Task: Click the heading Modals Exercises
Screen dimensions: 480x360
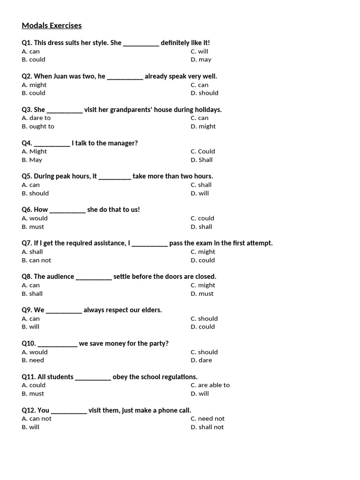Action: point(52,25)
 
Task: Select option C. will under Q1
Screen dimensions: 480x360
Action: point(199,51)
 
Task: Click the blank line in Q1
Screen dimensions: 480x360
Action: point(141,43)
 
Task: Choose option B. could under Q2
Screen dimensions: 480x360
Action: point(33,93)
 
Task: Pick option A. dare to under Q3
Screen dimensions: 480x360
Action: point(36,118)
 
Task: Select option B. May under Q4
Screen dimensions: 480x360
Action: point(32,160)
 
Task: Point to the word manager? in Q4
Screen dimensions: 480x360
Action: point(123,143)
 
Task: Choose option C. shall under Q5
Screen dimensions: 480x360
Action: point(201,185)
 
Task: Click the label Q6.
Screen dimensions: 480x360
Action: point(27,210)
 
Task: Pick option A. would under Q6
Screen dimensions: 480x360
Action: point(35,218)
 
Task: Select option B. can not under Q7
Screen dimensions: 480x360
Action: point(37,260)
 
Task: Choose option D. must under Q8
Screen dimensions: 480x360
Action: point(202,293)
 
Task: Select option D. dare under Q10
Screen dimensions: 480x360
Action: point(201,360)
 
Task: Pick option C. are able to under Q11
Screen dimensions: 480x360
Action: point(210,385)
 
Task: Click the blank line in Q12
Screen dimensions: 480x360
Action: point(69,411)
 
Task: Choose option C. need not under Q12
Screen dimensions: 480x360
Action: point(208,419)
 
